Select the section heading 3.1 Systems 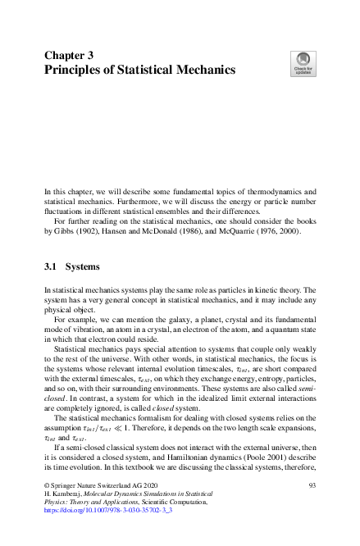coord(71,267)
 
